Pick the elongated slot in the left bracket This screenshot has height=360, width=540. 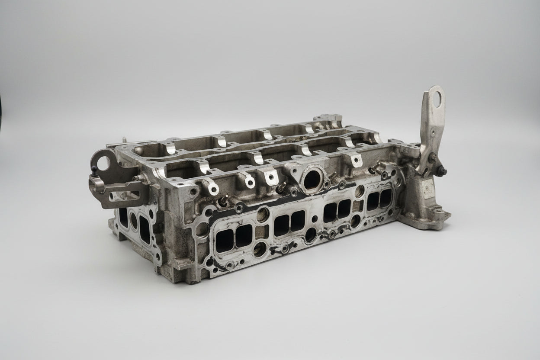point(126,197)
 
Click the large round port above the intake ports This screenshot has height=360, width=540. point(311,180)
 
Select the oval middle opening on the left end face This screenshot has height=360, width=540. point(134,221)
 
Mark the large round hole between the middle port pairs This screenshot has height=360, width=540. point(311,234)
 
